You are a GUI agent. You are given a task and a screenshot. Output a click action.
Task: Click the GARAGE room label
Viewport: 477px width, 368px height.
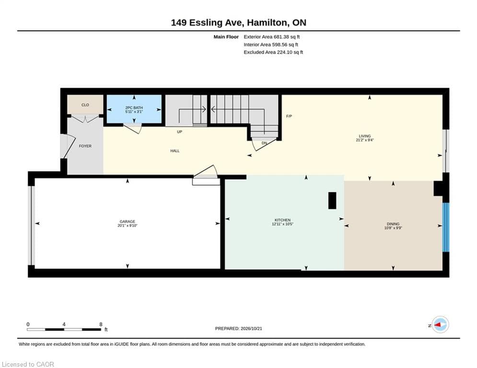[127, 222]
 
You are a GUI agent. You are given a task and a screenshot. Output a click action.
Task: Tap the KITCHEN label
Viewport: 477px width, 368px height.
[283, 220]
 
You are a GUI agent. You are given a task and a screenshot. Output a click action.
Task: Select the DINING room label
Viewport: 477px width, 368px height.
[393, 224]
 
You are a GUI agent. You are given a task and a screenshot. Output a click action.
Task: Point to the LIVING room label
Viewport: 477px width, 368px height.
[364, 136]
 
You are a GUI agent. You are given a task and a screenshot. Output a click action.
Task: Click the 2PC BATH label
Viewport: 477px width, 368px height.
[134, 108]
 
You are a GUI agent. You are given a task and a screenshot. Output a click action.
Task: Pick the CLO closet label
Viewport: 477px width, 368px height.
[85, 105]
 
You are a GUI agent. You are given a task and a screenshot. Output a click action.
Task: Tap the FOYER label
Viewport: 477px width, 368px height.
[85, 146]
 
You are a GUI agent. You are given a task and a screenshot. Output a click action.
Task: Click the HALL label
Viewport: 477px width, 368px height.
[175, 151]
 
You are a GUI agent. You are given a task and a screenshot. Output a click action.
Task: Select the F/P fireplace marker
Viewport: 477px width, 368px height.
[289, 116]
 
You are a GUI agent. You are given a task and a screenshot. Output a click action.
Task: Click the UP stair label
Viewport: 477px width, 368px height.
[179, 132]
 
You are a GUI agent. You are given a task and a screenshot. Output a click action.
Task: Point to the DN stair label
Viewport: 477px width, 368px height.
[264, 143]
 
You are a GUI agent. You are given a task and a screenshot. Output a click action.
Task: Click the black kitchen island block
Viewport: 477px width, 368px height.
[332, 200]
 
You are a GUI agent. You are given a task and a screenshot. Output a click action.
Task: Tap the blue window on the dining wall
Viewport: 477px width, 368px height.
[446, 228]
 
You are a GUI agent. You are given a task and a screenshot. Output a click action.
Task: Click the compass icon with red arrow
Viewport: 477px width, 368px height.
[440, 325]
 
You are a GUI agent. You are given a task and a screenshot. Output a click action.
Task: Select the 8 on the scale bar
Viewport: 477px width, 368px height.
[101, 324]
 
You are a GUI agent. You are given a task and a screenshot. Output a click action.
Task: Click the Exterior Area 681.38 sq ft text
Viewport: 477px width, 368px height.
[272, 37]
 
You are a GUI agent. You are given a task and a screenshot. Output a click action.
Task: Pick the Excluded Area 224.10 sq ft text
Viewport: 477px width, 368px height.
[273, 52]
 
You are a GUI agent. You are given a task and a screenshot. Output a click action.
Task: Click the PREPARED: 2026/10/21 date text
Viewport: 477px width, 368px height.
[239, 328]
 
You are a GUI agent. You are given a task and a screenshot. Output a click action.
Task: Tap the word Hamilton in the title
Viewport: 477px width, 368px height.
[267, 23]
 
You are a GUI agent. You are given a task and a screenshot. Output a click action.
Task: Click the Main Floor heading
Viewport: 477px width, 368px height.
[226, 37]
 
